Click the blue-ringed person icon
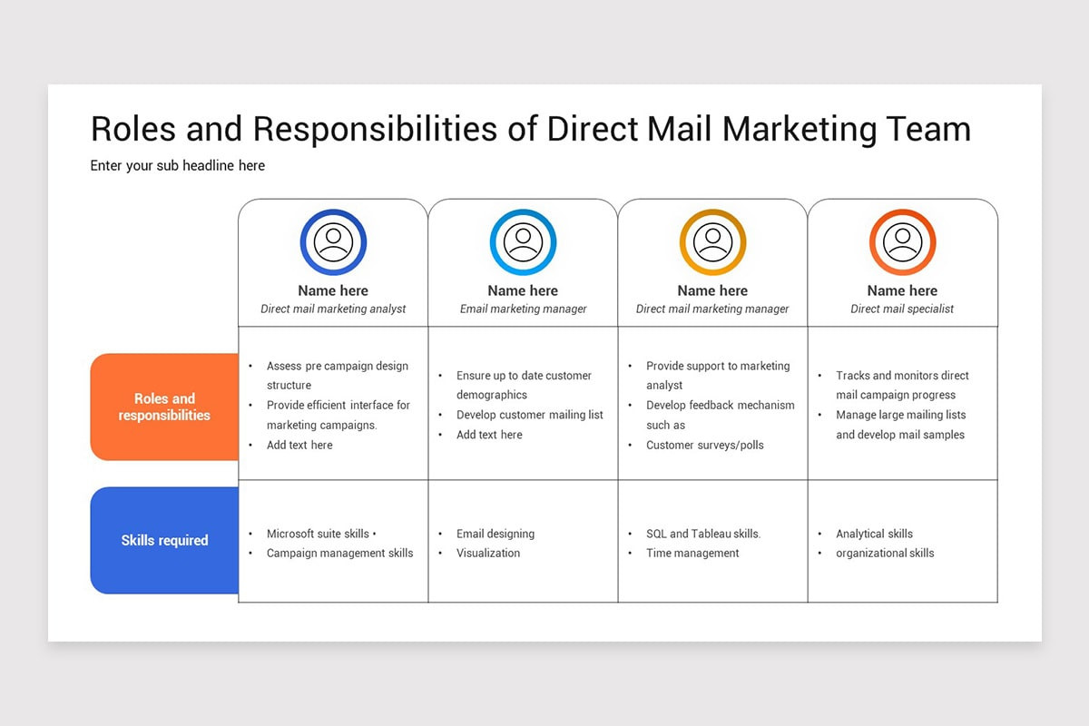point(333,242)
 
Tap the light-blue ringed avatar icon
point(523,242)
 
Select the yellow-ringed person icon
point(712,242)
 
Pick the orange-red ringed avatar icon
point(902,242)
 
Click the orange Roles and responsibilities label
point(164,407)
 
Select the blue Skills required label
point(164,540)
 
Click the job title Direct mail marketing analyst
point(333,309)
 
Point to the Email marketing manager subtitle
point(523,309)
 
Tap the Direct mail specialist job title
point(902,309)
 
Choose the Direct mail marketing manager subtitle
point(712,309)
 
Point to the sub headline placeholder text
point(178,165)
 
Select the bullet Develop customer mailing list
point(529,415)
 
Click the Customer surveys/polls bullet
point(704,445)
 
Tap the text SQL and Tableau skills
point(703,534)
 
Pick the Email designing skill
point(495,534)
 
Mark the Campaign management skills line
point(339,553)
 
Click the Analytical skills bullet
point(874,534)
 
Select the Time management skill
point(692,553)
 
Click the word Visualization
point(488,553)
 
